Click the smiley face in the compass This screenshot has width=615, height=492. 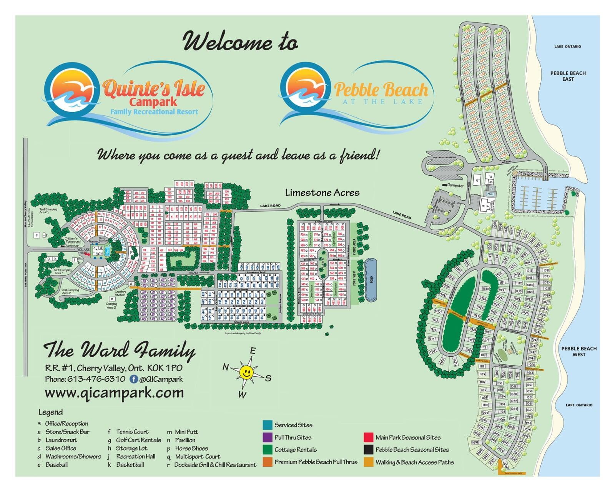point(246,372)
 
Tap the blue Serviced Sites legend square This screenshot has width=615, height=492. point(268,425)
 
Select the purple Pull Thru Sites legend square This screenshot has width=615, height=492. point(268,437)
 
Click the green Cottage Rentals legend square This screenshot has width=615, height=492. point(268,450)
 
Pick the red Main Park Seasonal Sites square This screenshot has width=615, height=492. point(369,437)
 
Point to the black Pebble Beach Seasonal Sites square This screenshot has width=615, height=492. point(369,450)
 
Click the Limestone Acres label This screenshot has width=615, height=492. point(322,193)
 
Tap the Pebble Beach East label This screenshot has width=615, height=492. point(568,76)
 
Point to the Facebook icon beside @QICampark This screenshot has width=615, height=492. point(134,379)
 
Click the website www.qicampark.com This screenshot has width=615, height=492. point(114,393)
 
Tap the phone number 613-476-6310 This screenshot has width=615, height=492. point(96,379)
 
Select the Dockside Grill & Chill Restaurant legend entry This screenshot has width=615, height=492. point(215,465)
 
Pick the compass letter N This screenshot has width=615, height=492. point(226,368)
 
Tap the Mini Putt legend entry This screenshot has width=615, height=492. point(186,432)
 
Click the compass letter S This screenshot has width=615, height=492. point(268,378)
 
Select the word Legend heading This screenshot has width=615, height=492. point(50,412)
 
